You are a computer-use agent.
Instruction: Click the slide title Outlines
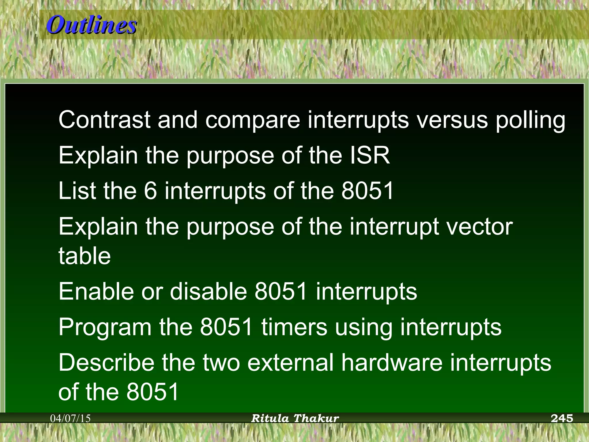(x=91, y=25)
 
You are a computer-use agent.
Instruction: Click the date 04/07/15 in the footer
(x=70, y=418)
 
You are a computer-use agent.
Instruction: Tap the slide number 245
(x=562, y=418)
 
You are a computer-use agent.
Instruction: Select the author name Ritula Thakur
(x=295, y=418)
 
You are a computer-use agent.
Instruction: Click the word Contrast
(x=104, y=120)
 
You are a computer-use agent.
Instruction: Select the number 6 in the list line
(x=150, y=191)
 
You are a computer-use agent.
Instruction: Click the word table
(x=85, y=256)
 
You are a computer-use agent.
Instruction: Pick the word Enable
(x=96, y=292)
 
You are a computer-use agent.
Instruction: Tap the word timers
(x=294, y=327)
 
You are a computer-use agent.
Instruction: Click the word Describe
(x=106, y=363)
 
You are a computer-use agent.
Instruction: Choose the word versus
(x=452, y=120)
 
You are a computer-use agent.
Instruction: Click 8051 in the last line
(x=153, y=392)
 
